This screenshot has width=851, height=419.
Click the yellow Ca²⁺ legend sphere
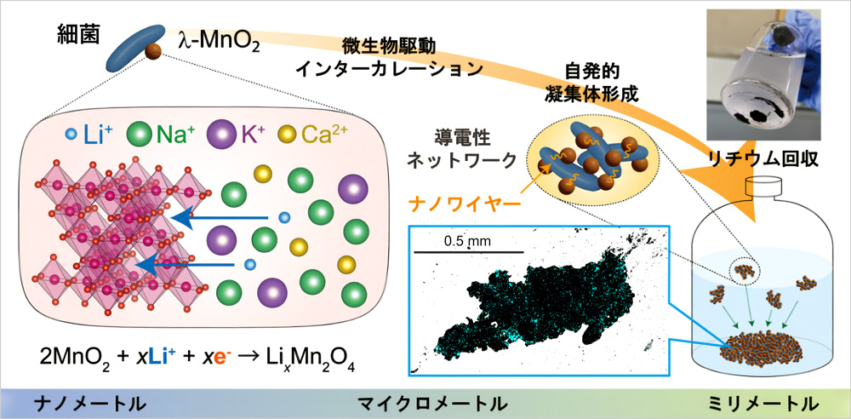tap(287, 133)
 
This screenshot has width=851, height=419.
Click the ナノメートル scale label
tap(90, 404)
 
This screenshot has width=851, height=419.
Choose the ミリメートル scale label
tap(763, 404)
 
